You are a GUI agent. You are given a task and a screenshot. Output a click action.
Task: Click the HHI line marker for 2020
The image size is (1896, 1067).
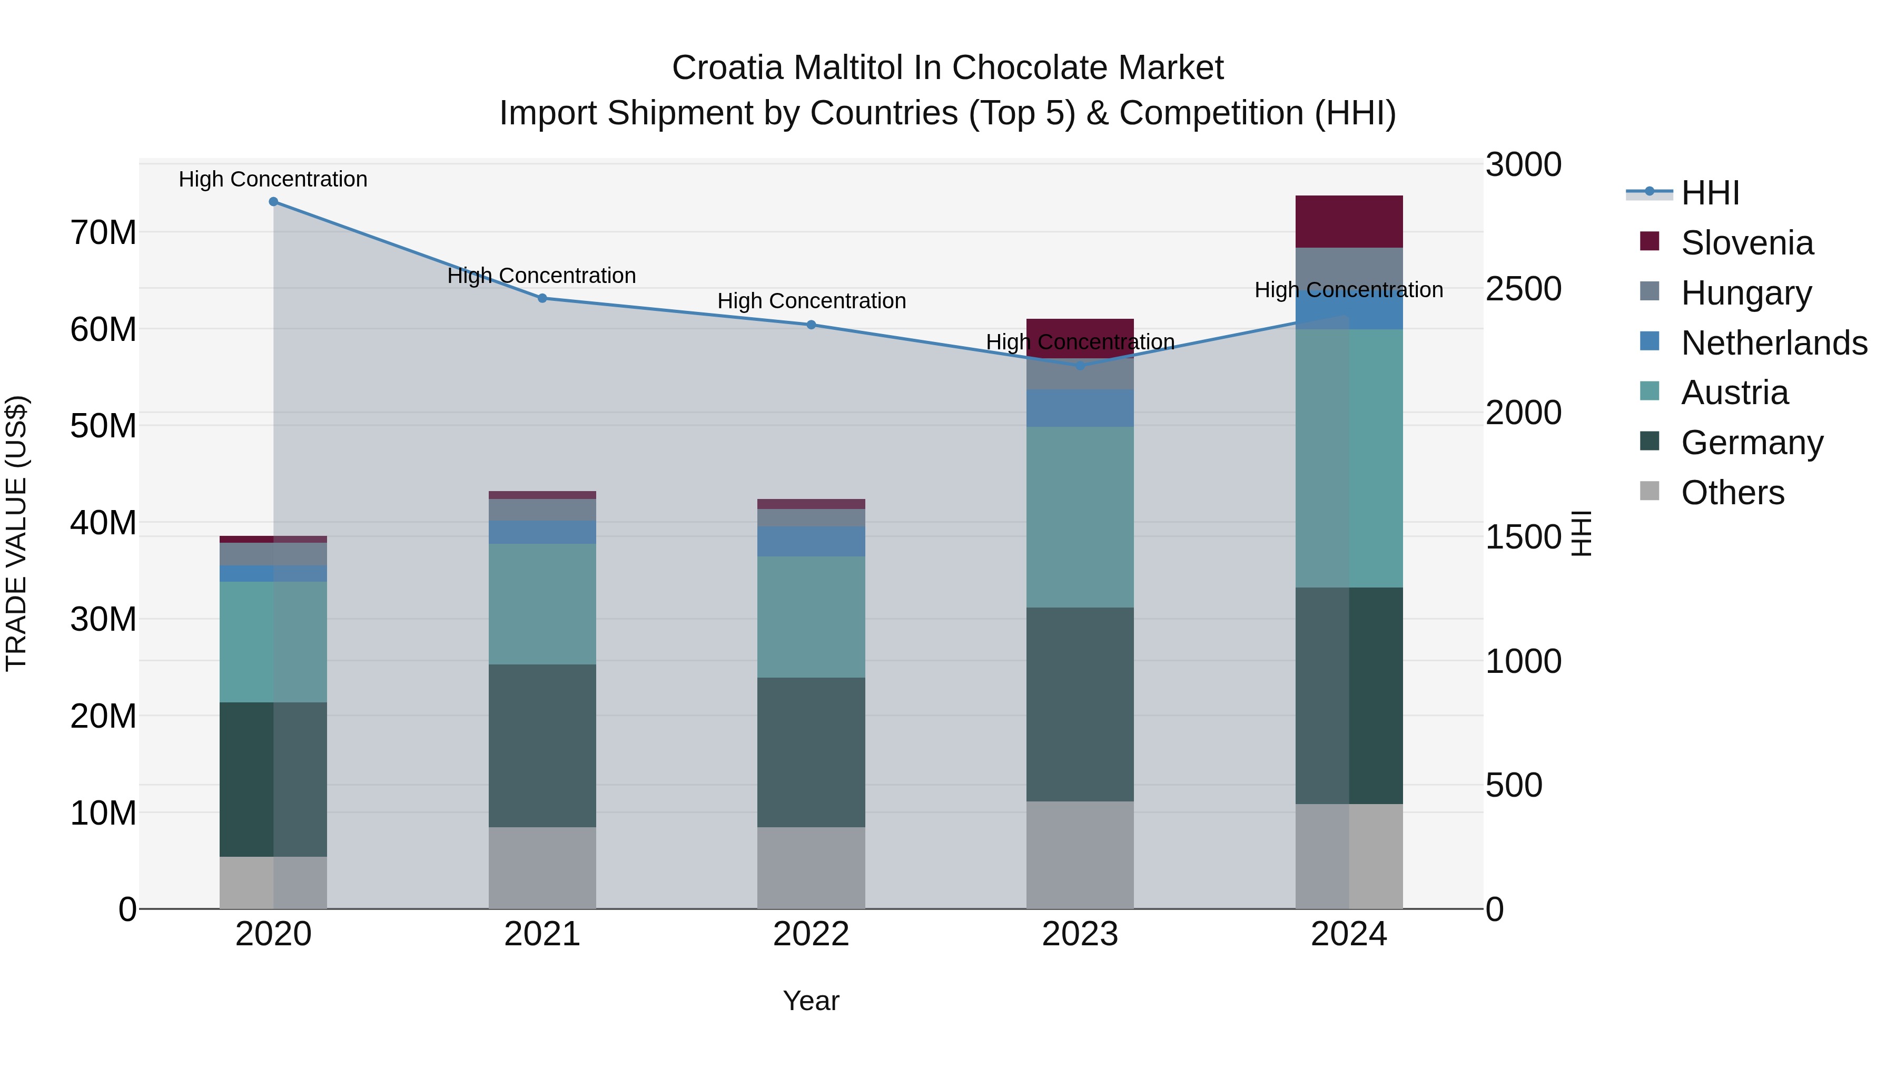click(x=273, y=202)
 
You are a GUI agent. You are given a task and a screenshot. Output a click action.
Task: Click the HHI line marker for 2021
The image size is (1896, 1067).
click(x=542, y=298)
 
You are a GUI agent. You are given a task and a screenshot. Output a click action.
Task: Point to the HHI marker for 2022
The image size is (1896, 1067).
click(x=811, y=325)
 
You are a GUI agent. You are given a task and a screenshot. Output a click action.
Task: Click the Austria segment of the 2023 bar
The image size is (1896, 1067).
click(x=1080, y=517)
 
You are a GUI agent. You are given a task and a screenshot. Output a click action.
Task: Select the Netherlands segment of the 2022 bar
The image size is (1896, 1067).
click(x=811, y=541)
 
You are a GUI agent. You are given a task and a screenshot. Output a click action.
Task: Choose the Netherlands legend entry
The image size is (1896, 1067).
click(x=1773, y=343)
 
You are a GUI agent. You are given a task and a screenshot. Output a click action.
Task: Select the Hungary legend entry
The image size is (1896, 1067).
click(x=1746, y=293)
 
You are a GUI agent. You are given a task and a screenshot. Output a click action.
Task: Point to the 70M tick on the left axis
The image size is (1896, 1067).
click(x=103, y=233)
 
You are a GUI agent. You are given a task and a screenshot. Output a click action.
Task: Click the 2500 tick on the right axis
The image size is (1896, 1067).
click(x=1523, y=289)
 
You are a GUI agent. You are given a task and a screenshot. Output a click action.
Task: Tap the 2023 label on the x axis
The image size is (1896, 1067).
click(x=1080, y=934)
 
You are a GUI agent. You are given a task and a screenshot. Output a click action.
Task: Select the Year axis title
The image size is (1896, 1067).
click(x=811, y=1001)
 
